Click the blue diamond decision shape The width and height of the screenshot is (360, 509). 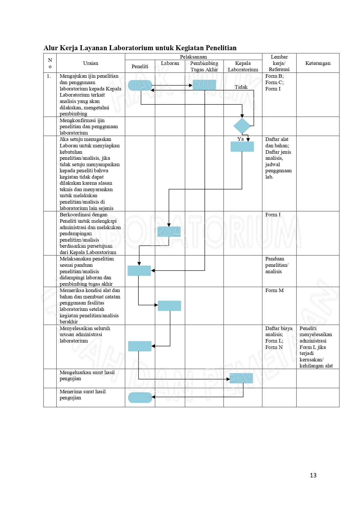point(242,126)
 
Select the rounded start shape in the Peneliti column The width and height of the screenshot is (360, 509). point(140,85)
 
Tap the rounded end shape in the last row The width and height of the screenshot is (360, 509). point(140,398)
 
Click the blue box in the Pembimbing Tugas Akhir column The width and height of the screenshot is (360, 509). point(204,85)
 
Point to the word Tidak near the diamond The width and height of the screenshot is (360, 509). point(241,87)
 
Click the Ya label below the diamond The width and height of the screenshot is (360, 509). point(240,139)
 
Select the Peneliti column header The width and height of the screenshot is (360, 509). point(140,66)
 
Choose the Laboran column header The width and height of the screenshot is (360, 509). point(170,63)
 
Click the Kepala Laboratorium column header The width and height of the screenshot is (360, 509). point(243,66)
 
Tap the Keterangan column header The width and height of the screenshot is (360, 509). point(318,63)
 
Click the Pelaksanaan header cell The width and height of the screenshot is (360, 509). point(193,57)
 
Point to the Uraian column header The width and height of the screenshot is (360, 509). point(91,63)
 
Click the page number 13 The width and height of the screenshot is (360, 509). point(313,475)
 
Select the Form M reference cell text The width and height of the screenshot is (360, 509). point(274,290)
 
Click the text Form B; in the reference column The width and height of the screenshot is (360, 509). point(274,76)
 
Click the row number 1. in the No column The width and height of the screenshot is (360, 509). point(49,76)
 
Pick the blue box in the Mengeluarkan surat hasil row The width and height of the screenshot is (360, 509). point(241,378)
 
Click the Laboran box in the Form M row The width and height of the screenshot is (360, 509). point(169,306)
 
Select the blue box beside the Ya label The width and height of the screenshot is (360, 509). point(242,146)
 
